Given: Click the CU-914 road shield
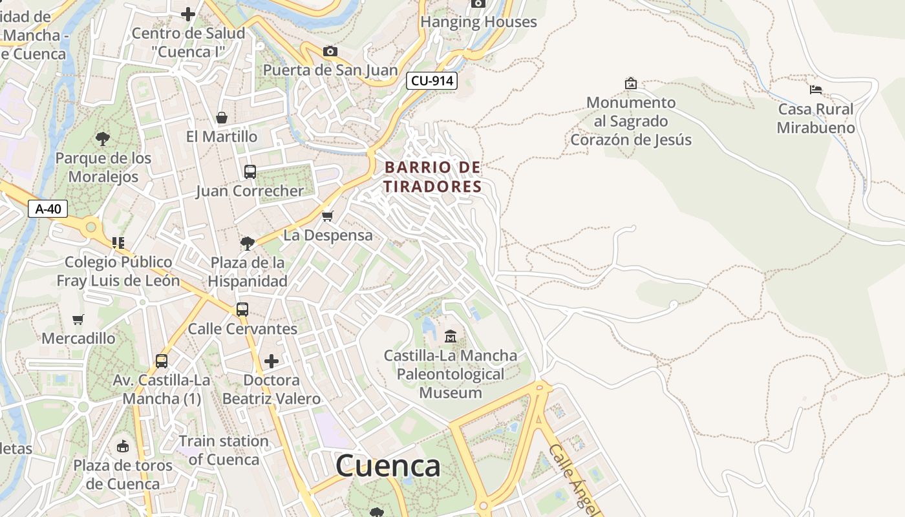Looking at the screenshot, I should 432,81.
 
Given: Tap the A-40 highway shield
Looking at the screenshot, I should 48,209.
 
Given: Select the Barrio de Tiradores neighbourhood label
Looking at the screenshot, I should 433,177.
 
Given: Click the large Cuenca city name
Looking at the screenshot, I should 388,466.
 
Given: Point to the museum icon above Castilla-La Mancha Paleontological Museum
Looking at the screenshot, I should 451,336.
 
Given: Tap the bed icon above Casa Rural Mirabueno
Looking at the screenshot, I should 816,89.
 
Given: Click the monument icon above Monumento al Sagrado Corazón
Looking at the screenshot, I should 630,83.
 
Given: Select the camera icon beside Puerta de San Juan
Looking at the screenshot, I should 330,51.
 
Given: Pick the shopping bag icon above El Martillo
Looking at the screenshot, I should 222,118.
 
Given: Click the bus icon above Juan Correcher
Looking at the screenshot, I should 250,172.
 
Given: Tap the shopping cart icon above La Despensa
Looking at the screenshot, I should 328,216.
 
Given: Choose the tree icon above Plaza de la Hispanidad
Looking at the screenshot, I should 247,243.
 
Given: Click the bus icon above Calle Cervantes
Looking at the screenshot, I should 242,310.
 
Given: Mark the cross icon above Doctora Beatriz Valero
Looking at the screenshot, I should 271,361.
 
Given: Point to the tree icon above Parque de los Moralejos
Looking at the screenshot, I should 102,138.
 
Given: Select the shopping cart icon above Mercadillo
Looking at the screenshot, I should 78,319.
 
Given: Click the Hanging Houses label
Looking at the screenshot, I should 478,22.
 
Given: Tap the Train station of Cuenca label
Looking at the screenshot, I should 224,450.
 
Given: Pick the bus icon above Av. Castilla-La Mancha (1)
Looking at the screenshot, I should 162,361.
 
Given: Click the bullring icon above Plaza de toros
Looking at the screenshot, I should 123,446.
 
